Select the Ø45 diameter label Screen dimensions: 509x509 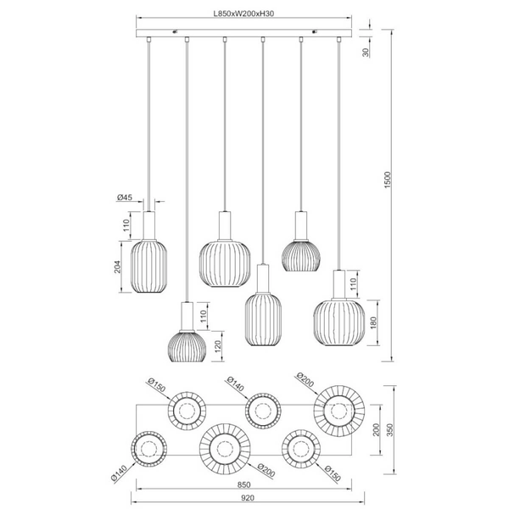point(124,198)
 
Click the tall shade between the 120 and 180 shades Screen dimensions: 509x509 point(263,321)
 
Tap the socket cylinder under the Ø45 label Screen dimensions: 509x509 point(150,225)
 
